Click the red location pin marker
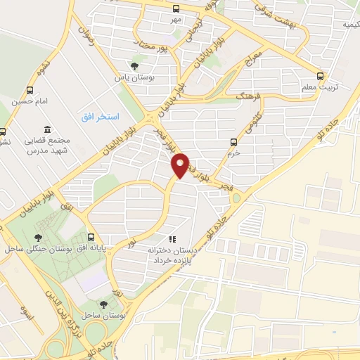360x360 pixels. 181,165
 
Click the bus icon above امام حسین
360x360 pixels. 30,90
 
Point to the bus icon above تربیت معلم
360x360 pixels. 321,75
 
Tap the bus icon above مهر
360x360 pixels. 176,9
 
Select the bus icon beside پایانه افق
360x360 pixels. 91,237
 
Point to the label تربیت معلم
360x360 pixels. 323,87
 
